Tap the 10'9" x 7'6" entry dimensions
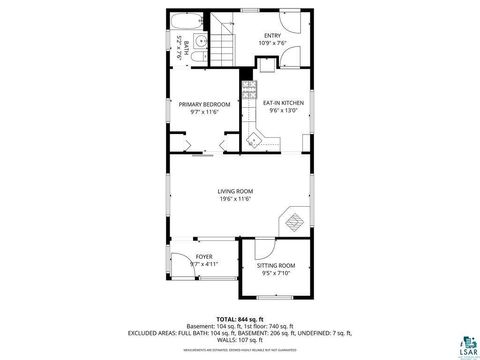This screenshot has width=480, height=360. pos(271,44)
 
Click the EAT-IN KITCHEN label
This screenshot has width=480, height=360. pos(283,102)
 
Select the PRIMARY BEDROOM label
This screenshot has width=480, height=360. pos(204,104)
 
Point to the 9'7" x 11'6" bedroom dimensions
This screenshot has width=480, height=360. pos(204,111)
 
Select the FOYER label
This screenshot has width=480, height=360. pos(204,257)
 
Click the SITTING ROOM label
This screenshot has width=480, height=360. pos(276,265)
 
